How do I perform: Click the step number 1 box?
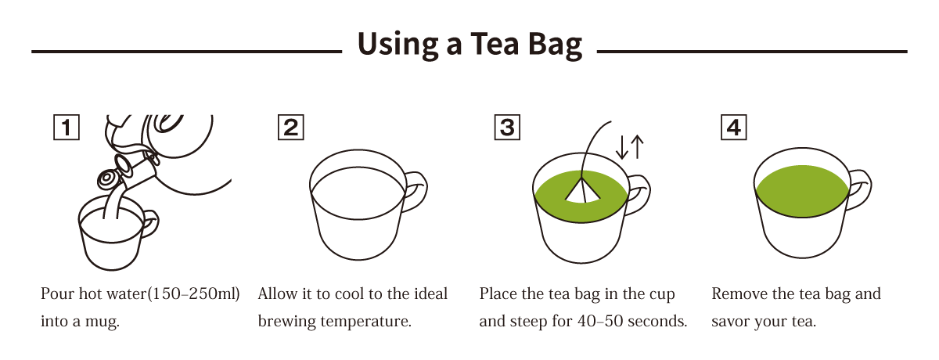coord(67,127)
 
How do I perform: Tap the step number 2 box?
coord(291,127)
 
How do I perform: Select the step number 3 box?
coord(507,127)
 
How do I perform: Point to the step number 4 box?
coord(734,127)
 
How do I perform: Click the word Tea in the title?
coord(495,44)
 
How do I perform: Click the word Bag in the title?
coord(555,45)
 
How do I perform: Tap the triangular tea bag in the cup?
coord(582,190)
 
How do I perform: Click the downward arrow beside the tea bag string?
coord(621,147)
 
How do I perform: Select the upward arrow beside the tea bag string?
coord(637,146)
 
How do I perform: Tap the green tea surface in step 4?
coord(802,191)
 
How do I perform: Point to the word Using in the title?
coord(398,45)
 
